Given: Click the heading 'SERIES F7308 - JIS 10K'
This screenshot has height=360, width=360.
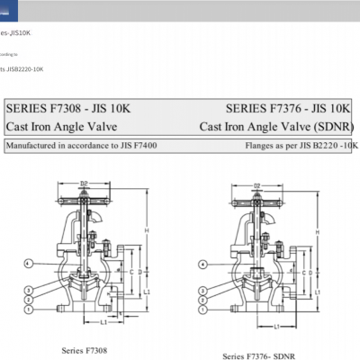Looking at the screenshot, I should [68, 108].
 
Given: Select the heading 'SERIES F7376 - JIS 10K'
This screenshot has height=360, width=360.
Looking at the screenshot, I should [289, 108].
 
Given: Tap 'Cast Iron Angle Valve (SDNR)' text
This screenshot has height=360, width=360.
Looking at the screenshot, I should [276, 127].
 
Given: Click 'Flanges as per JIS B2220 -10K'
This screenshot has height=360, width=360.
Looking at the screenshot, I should [301, 144].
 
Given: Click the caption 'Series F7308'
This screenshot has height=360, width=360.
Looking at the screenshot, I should [85, 349].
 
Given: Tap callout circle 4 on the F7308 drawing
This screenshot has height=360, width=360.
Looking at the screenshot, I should [29, 263].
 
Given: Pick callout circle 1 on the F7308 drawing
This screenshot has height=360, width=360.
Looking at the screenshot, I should [29, 309].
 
